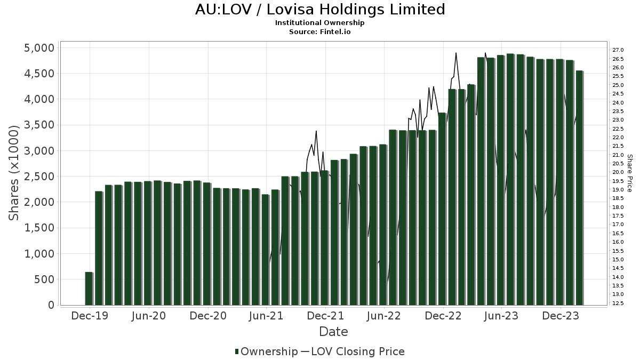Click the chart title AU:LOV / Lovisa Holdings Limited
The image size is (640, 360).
pyautogui.click(x=320, y=10)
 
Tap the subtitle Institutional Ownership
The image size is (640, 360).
pyautogui.click(x=320, y=23)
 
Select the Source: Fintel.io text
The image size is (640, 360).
pyautogui.click(x=320, y=31)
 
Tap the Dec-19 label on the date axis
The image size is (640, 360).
pyautogui.click(x=90, y=316)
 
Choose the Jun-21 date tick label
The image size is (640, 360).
pyautogui.click(x=266, y=316)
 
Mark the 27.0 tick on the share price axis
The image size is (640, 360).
pyautogui.click(x=619, y=50)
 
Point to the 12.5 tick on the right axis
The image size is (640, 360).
pyautogui.click(x=619, y=303)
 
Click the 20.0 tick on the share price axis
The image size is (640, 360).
pyautogui.click(x=619, y=172)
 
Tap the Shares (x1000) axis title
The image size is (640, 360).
pyautogui.click(x=14, y=173)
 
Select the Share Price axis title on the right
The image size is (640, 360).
pyautogui.click(x=629, y=173)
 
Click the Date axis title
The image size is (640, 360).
pyautogui.click(x=333, y=332)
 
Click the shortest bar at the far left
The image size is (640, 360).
pyautogui.click(x=89, y=289)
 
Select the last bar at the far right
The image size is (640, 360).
pyautogui.click(x=579, y=188)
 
